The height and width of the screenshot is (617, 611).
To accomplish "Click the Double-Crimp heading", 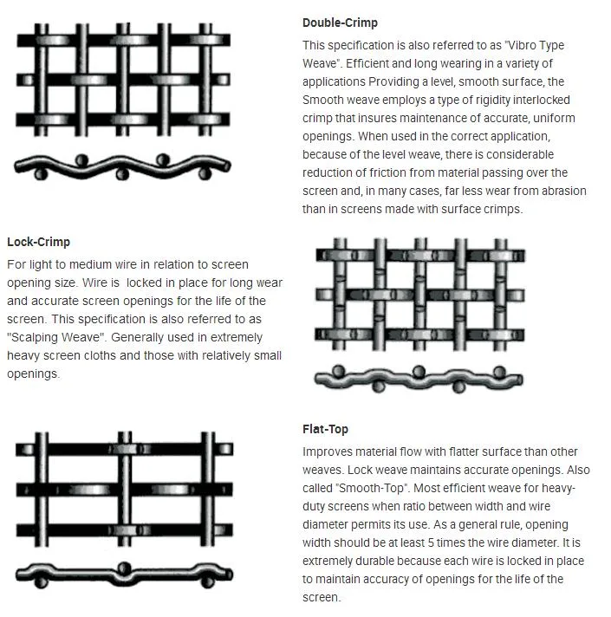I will click(340, 23).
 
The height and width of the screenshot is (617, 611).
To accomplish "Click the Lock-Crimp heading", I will click(38, 242).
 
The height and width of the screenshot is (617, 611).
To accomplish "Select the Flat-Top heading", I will click(325, 429).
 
